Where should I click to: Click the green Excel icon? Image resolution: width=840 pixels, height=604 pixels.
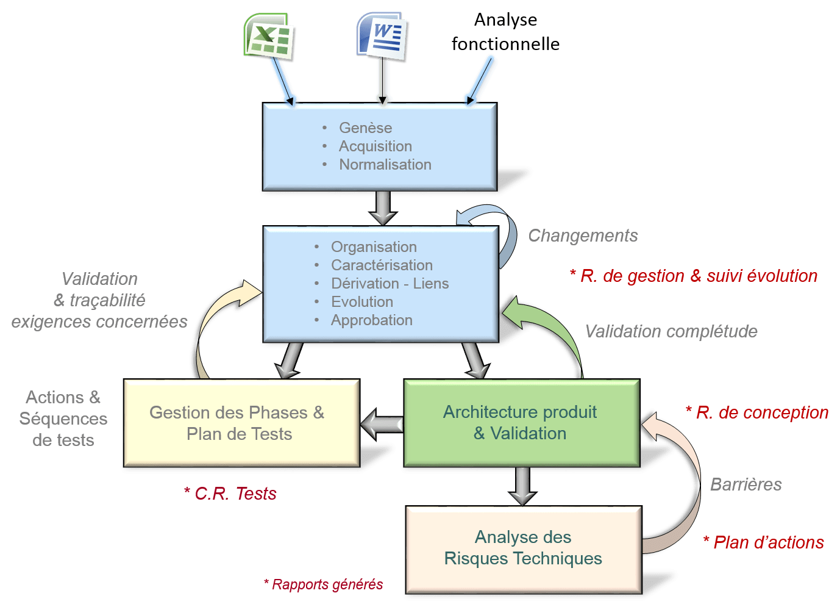[268, 36]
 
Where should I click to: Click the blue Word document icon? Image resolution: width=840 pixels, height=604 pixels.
[382, 35]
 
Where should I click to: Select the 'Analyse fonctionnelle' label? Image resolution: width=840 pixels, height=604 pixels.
[505, 32]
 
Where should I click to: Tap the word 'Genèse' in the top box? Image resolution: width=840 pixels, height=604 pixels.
[366, 128]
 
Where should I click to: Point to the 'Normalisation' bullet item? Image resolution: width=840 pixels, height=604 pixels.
[385, 164]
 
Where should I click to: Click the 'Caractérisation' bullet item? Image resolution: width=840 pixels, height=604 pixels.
[382, 265]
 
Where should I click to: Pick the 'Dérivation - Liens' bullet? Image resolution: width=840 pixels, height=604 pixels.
[390, 284]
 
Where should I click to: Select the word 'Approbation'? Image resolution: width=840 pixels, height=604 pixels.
[372, 320]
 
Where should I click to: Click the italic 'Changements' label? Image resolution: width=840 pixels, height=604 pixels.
[583, 235]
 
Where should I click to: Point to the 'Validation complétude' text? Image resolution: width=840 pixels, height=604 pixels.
[671, 331]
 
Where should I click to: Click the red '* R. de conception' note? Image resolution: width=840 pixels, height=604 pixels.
[757, 412]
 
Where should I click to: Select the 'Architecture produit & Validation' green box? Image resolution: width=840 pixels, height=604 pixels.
[522, 423]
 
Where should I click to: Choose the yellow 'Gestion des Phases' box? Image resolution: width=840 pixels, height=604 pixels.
[241, 423]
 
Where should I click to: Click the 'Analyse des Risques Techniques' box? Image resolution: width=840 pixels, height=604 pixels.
[524, 550]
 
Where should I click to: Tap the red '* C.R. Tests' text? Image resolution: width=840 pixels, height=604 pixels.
[230, 493]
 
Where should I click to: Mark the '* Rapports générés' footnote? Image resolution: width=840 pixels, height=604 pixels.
[324, 584]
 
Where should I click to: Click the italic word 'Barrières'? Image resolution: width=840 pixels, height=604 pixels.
[746, 484]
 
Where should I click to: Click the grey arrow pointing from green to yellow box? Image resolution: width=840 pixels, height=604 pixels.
[382, 424]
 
